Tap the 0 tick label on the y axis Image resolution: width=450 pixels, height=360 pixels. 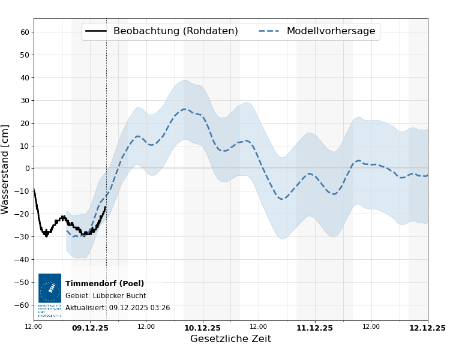pyautogui.click(x=26, y=169)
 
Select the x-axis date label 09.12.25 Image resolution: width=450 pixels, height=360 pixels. pyautogui.click(x=90, y=328)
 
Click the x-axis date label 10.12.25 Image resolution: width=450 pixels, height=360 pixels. pyautogui.click(x=202, y=328)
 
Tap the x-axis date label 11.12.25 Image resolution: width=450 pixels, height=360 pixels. pyautogui.click(x=314, y=328)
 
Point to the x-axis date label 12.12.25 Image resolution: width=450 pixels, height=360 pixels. pyautogui.click(x=427, y=328)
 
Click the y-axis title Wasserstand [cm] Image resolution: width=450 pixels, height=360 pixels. pyautogui.click(x=6, y=169)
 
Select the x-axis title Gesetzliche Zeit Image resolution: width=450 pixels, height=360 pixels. pyautogui.click(x=230, y=339)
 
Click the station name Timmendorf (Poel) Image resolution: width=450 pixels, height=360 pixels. pyautogui.click(x=104, y=284)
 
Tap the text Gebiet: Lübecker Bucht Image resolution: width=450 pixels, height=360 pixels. pyautogui.click(x=106, y=296)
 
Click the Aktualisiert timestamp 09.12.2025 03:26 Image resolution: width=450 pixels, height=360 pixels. pyautogui.click(x=139, y=308)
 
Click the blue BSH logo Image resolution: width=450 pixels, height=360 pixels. pyautogui.click(x=50, y=289)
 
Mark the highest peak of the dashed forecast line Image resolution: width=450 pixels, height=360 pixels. pyautogui.click(x=184, y=109)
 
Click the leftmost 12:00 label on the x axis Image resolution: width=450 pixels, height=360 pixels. pyautogui.click(x=34, y=327)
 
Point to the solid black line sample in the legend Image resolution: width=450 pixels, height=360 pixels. pyautogui.click(x=96, y=31)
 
